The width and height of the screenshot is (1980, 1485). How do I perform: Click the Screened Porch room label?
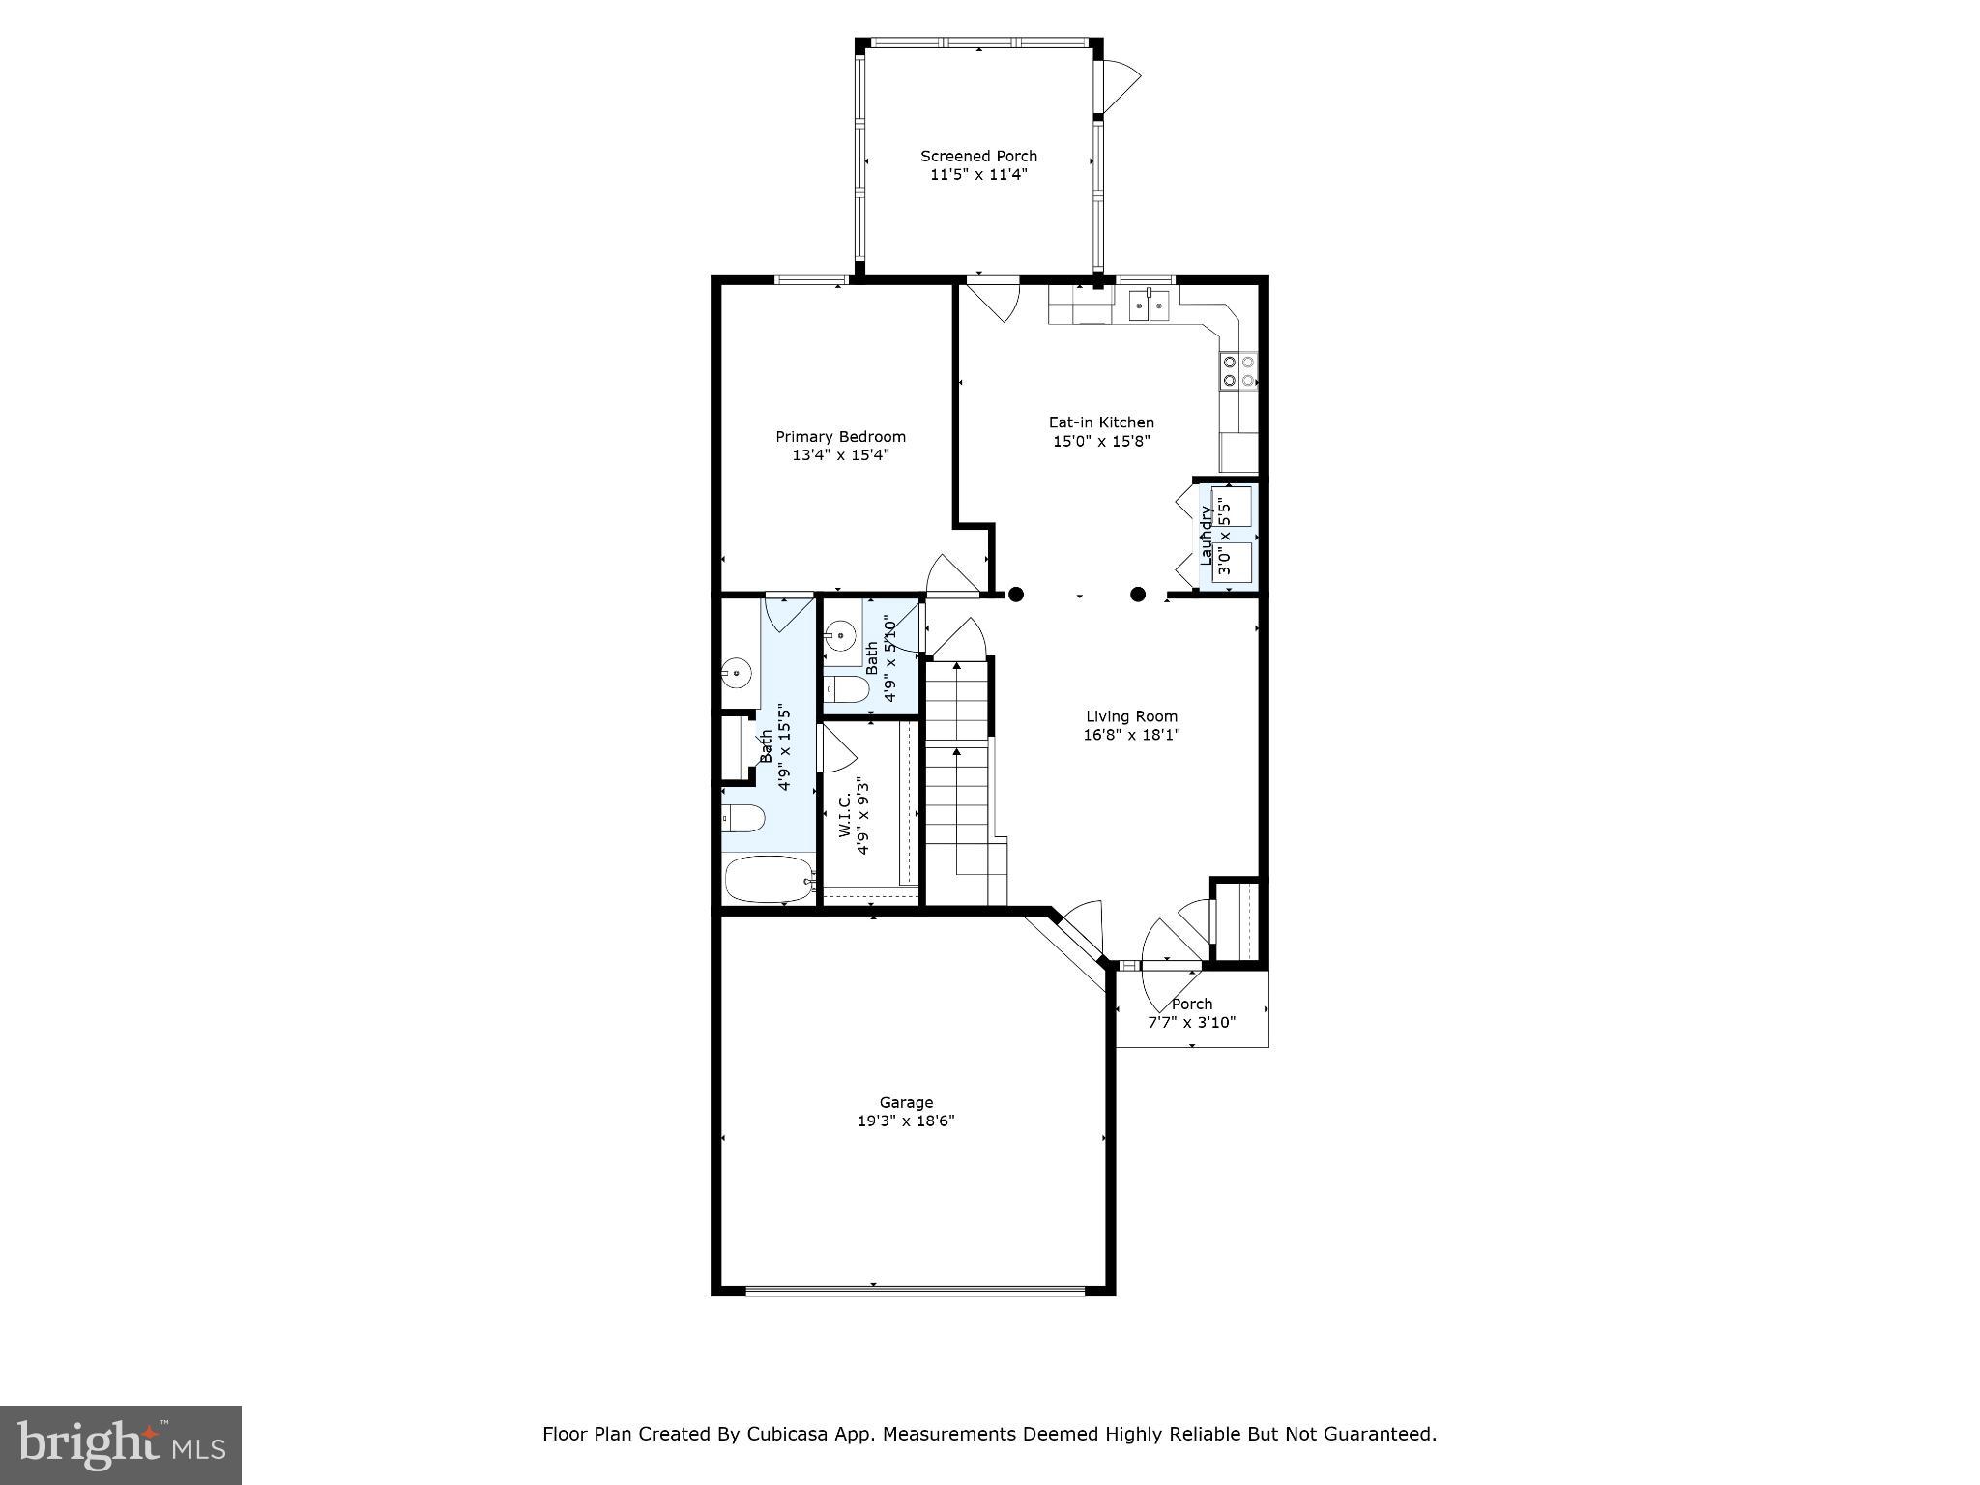978,156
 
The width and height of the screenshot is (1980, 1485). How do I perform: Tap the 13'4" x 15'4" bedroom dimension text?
840,454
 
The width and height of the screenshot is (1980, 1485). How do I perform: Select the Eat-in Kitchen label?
1101,422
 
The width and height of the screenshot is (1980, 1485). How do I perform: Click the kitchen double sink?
1150,306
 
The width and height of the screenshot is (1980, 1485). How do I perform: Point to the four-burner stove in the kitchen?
1238,371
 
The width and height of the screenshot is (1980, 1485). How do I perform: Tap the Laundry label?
1206,536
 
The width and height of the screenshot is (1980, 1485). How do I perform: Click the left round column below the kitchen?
1015,595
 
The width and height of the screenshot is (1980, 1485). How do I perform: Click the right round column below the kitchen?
1138,595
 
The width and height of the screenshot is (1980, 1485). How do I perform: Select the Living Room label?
1131,716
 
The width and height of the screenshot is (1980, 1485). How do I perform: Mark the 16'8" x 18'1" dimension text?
1131,735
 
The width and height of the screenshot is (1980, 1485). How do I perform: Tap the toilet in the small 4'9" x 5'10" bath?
849,689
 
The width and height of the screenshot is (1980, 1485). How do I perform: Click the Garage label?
906,1102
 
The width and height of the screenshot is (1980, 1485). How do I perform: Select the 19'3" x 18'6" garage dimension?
906,1121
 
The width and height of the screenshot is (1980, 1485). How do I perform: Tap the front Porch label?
1191,1004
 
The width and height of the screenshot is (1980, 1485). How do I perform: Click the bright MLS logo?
121,1444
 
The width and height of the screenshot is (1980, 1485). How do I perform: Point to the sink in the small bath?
840,636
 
